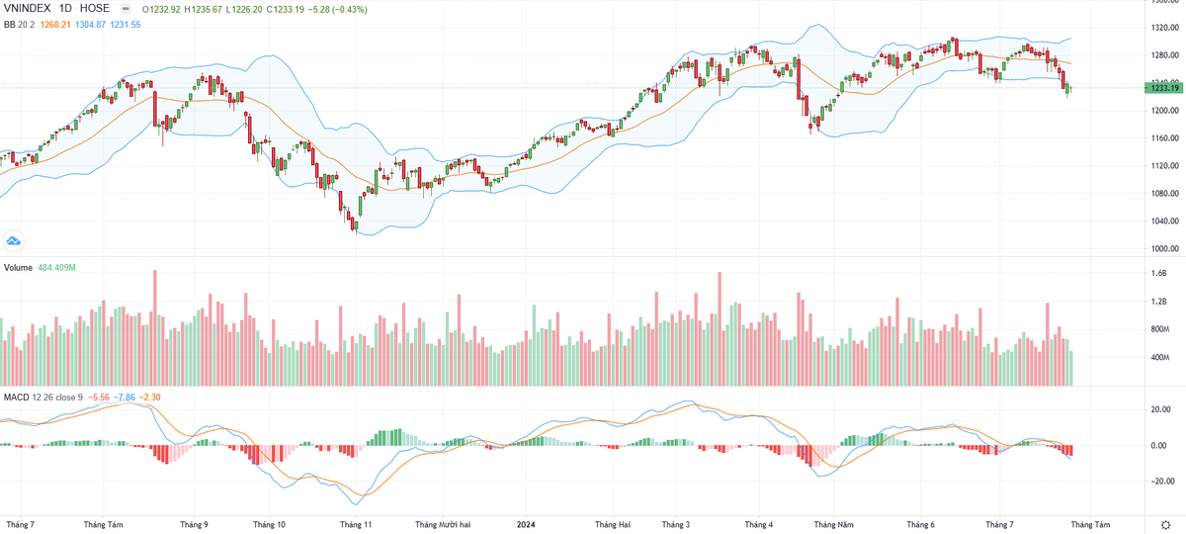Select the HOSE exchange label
[95, 8]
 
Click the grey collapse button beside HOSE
[125, 8]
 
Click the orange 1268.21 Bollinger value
[53, 24]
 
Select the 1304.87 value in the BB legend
[92, 24]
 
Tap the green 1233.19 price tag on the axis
[1166, 88]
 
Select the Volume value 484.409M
[57, 268]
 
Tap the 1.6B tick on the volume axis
[1159, 273]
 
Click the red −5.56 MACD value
[99, 397]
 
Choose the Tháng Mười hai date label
[442, 524]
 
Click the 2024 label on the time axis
[526, 524]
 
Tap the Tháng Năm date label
[831, 524]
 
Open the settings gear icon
[1166, 524]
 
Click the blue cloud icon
[14, 239]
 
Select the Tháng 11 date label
[355, 524]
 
